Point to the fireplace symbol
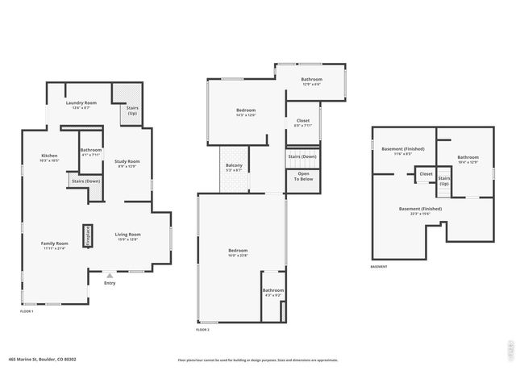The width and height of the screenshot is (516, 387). coord(89,235)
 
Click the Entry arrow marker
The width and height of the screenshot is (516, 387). coord(110,276)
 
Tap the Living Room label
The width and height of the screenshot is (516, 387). coord(127,236)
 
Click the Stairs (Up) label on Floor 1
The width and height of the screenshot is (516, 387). coord(133,112)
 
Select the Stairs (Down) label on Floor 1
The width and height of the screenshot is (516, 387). coord(85,181)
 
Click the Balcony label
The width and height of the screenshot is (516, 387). coord(234,168)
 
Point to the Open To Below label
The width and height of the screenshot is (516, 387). coord(303,176)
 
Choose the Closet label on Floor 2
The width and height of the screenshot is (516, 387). coord(302,122)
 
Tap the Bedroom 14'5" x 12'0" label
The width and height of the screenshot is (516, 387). coord(246,112)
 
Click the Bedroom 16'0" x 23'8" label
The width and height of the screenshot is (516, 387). coord(241,252)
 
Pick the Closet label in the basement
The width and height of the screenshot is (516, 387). coord(426,173)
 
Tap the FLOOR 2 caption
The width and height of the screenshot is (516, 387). coord(202,330)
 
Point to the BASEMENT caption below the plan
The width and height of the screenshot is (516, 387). coord(379,267)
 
